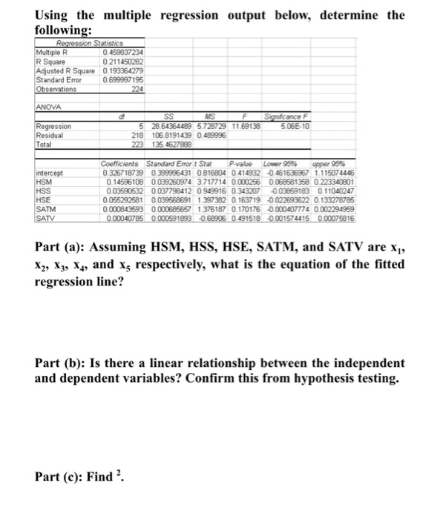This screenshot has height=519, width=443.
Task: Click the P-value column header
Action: (x=241, y=163)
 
